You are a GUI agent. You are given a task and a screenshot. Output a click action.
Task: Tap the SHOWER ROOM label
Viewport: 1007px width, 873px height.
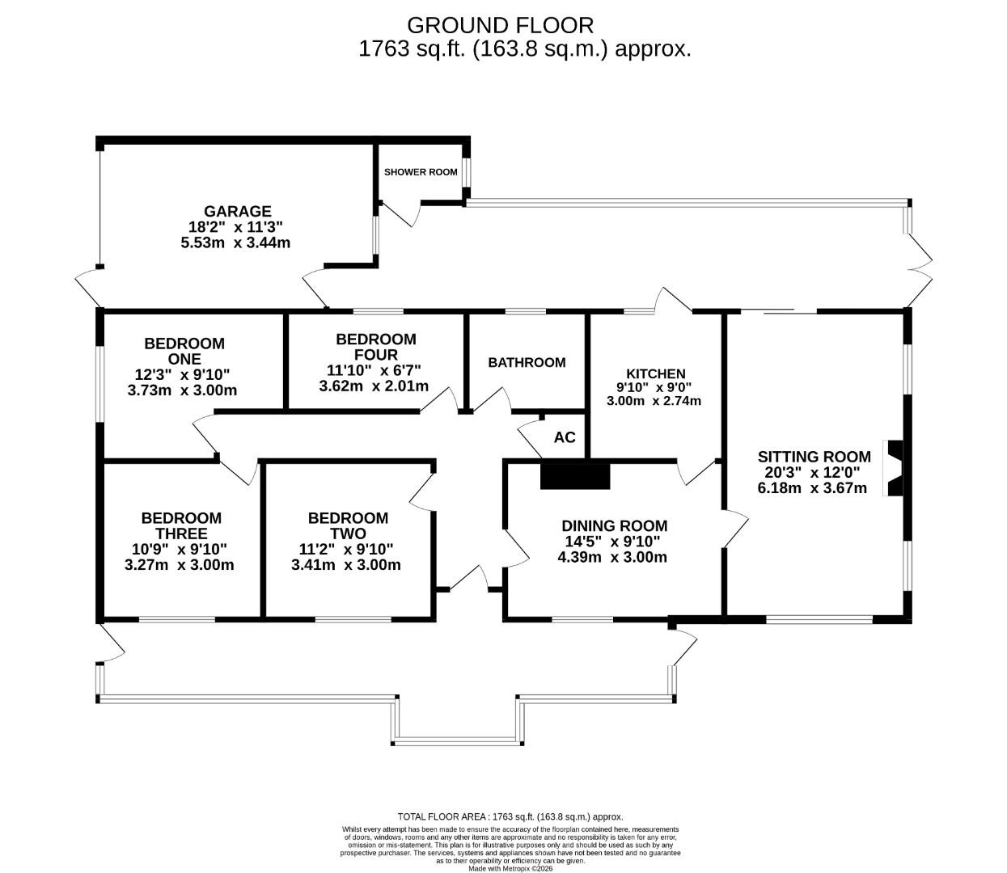[421, 172]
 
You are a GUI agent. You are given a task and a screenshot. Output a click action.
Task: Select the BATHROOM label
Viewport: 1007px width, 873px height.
[527, 363]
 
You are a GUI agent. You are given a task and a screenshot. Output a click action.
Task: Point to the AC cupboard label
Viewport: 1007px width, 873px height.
[565, 437]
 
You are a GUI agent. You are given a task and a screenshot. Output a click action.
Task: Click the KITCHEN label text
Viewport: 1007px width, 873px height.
[656, 373]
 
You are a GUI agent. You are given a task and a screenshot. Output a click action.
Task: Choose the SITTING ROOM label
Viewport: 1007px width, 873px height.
[814, 457]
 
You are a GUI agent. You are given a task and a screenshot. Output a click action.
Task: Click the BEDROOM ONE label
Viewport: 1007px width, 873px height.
[184, 352]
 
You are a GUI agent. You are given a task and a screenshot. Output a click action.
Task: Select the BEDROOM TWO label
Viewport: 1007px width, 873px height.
[348, 525]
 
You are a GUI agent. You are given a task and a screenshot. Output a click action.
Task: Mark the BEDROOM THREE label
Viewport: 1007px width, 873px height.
[181, 525]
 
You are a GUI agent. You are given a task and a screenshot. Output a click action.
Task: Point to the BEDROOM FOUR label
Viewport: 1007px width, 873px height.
[376, 347]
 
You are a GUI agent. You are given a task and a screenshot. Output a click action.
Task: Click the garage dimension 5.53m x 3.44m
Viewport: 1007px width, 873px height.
[235, 242]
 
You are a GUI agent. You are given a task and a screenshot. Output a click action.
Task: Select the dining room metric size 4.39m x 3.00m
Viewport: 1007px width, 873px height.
[612, 557]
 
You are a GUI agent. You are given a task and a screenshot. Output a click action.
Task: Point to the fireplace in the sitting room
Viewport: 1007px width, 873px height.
[895, 469]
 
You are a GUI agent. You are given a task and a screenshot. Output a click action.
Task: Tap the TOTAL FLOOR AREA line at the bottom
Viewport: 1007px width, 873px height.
[510, 817]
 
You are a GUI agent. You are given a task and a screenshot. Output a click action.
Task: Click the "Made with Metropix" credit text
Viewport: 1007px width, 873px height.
[510, 868]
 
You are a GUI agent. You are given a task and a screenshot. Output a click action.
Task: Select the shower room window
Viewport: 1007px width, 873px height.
[466, 172]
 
